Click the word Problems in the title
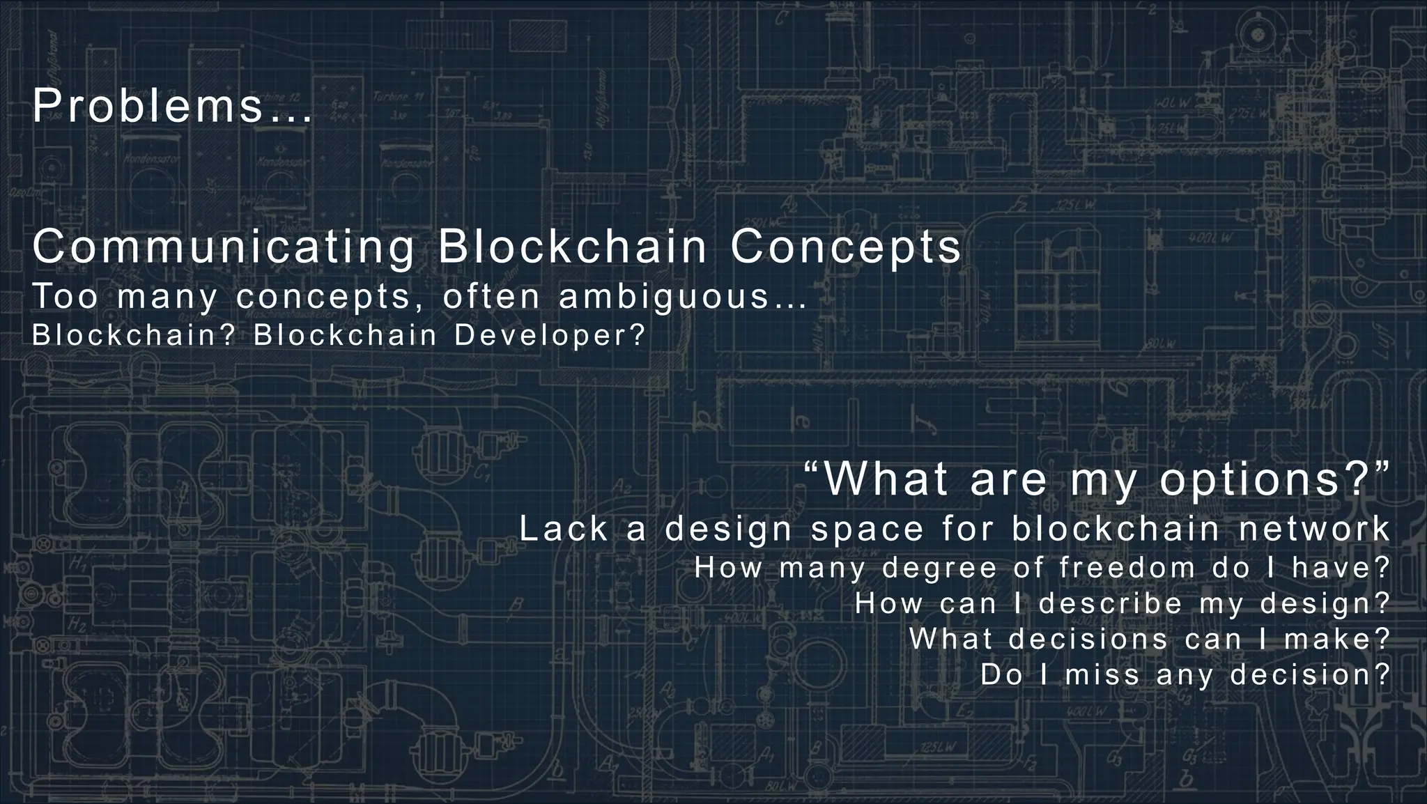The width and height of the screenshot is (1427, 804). point(148,107)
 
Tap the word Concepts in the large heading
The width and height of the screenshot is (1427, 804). point(845,247)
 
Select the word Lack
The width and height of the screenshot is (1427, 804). point(564,529)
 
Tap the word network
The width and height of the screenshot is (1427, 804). point(1314,529)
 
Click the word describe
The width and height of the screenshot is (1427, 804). point(1111,603)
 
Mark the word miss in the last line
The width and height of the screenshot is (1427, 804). point(1102,674)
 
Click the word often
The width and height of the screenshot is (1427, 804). point(492,297)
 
